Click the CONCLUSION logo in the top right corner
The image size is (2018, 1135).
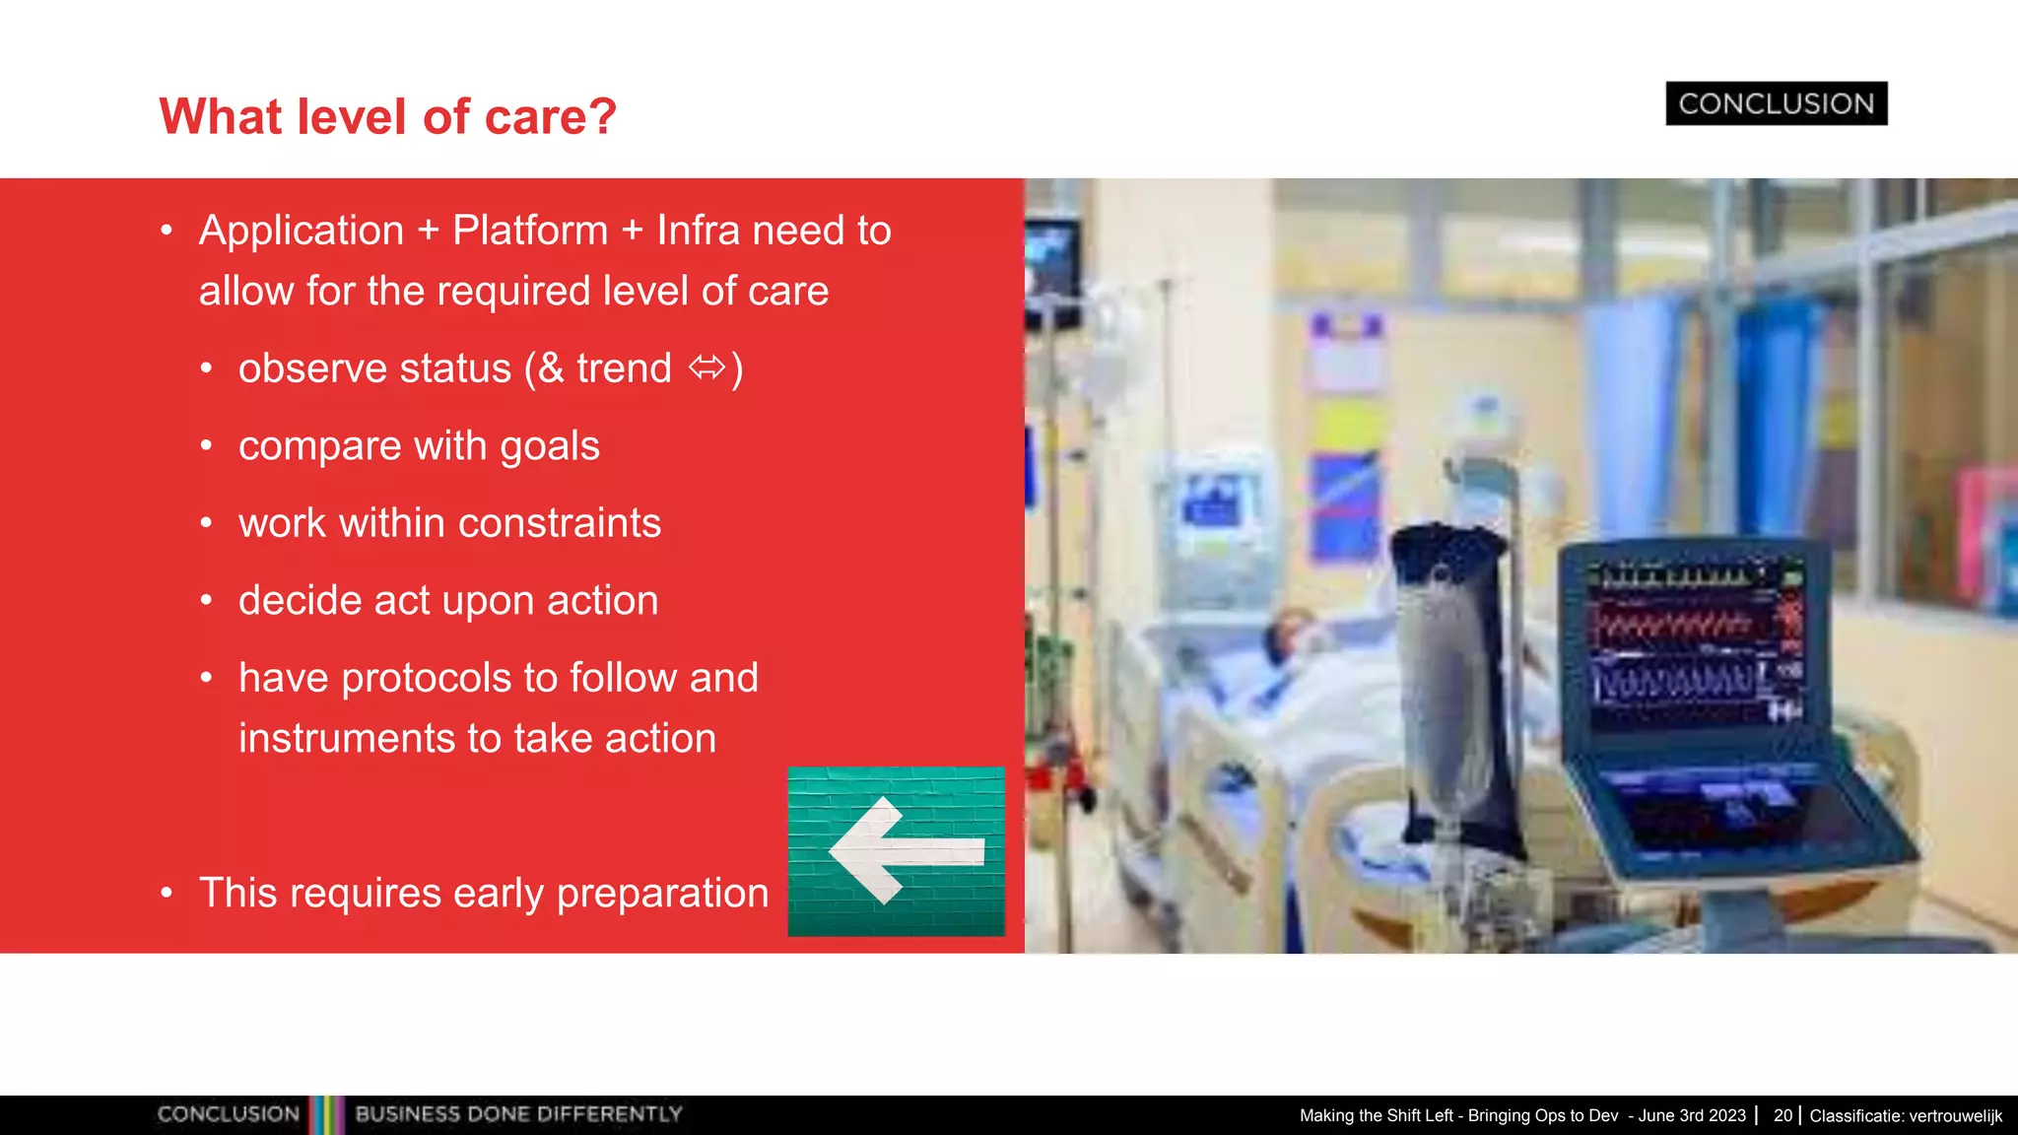coord(1776,103)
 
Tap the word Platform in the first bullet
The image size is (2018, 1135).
coord(530,231)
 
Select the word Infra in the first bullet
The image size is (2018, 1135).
coord(698,231)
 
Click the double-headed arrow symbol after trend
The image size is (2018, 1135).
coord(706,368)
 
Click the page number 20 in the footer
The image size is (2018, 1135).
coord(1783,1115)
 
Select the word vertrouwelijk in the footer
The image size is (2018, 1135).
coord(1955,1116)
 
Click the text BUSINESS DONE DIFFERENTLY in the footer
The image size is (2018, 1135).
coord(518,1114)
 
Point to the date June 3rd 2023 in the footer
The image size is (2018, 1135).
coord(1692,1115)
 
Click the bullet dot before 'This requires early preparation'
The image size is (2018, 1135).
coord(167,894)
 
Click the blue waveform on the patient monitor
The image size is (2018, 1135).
coord(1672,682)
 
